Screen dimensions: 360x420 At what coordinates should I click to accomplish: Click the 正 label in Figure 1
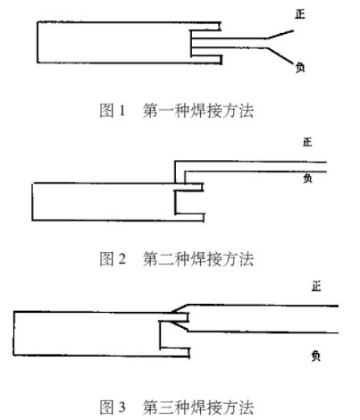coord(300,14)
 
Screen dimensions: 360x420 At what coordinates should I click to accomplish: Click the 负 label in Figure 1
coord(300,67)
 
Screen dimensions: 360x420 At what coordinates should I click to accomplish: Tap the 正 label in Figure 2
coord(307,142)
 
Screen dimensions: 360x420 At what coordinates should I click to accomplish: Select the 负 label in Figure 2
coord(307,179)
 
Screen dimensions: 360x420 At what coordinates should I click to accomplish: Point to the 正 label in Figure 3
coord(316,287)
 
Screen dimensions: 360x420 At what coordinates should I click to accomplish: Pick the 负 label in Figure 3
coord(316,356)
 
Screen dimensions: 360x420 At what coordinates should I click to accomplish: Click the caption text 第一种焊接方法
coord(198,111)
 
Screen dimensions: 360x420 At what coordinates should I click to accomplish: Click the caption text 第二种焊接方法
coord(198,258)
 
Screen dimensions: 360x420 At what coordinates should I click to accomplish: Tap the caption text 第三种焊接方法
coord(198,407)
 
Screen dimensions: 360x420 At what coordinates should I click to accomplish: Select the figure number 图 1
coord(113,111)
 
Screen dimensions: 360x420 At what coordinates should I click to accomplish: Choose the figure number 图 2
coord(113,258)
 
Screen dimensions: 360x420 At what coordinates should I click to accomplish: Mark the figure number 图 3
coord(113,407)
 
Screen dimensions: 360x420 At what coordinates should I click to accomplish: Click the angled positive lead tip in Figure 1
coord(293,30)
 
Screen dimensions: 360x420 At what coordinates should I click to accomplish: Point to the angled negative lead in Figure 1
coord(280,55)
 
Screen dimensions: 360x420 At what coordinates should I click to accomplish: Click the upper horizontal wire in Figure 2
coord(251,162)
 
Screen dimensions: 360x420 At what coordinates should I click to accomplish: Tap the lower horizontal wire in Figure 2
coord(255,172)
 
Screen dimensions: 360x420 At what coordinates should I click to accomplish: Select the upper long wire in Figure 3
coord(263,306)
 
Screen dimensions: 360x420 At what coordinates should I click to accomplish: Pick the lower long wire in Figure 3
coord(263,332)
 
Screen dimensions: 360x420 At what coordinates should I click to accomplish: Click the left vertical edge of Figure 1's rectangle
coord(38,42)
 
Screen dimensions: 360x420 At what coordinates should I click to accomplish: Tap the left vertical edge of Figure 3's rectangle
coord(13,333)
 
